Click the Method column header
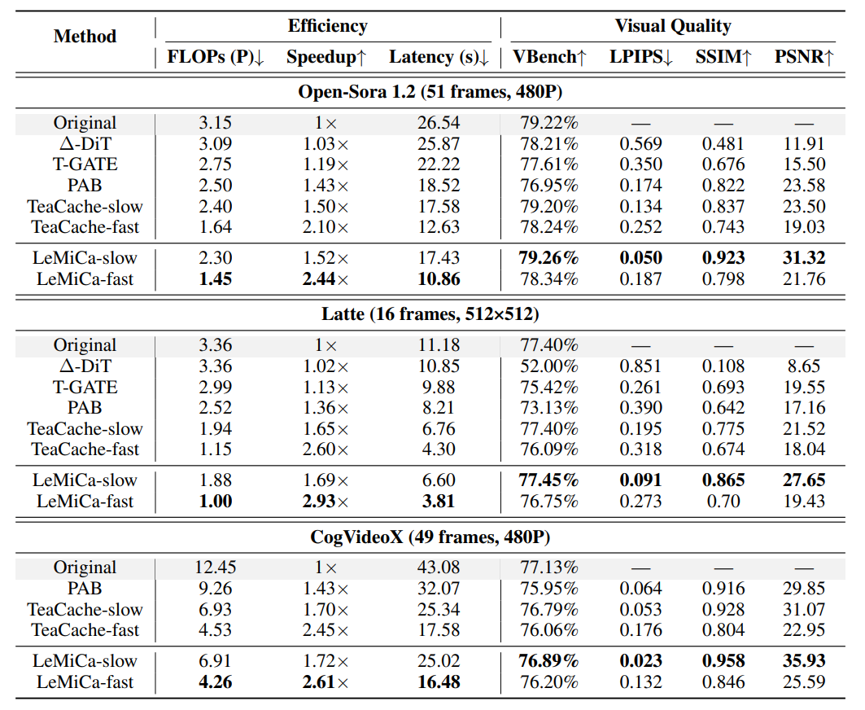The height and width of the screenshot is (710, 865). [x=85, y=37]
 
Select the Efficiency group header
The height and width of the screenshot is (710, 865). [x=327, y=26]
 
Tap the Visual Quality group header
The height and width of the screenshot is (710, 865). [x=672, y=26]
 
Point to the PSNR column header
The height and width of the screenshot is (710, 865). [x=804, y=57]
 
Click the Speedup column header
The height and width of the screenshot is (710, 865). [x=326, y=57]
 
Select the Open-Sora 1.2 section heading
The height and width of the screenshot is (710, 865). [x=430, y=91]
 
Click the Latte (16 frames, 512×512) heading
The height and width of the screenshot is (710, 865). [x=430, y=313]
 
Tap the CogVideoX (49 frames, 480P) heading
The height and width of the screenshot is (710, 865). [x=430, y=537]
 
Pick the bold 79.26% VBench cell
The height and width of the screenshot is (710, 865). [x=548, y=258]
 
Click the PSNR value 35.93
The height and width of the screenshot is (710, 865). [x=803, y=661]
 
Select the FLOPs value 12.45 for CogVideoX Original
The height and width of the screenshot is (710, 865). [x=215, y=568]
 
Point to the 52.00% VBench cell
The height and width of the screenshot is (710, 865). [x=548, y=366]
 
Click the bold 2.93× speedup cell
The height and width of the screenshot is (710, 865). [x=326, y=502]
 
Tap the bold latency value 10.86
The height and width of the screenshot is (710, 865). [x=438, y=279]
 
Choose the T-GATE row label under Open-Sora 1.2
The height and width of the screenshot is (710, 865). [x=85, y=164]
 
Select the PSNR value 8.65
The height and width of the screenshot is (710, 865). [x=803, y=366]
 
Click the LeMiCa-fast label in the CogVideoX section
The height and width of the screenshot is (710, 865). [x=85, y=682]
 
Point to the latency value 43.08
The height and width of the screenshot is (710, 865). [x=438, y=568]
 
